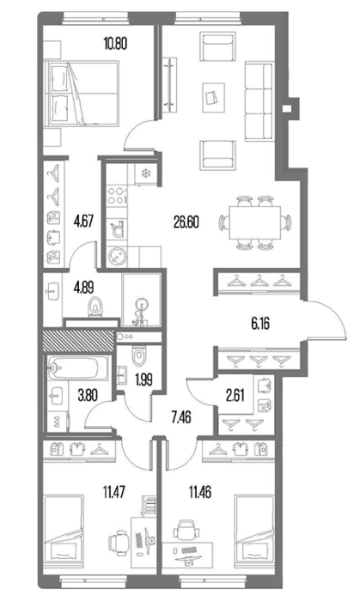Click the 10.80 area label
point(115,43)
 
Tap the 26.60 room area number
point(186,222)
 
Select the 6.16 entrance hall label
point(260,324)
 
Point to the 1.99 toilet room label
point(143,379)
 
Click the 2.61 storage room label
point(235,396)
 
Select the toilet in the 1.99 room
point(138,355)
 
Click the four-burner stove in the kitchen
point(116,195)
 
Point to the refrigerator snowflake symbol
point(146,173)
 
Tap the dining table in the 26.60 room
point(254,223)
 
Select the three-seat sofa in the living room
point(259,101)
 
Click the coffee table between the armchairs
point(213,98)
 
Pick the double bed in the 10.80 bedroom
point(82,94)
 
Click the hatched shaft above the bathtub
point(78,341)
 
